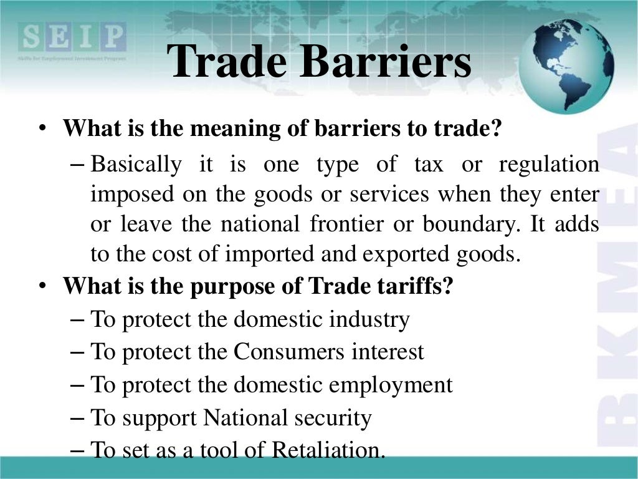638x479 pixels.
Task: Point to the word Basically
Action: [136, 165]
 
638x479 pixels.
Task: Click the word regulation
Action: [549, 165]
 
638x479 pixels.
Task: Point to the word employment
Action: [391, 385]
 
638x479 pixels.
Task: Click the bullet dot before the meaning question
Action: [41, 130]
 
